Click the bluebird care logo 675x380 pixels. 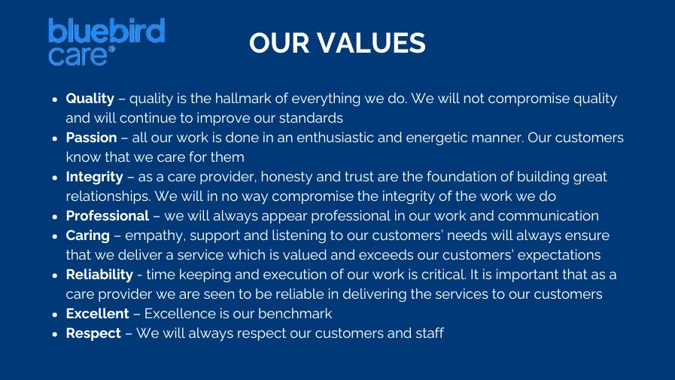[106, 41]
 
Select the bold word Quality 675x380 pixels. [90, 99]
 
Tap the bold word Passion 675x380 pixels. [91, 138]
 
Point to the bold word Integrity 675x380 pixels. [94, 178]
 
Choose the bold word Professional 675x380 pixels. [108, 216]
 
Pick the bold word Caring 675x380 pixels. [88, 236]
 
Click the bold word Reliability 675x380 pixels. [99, 275]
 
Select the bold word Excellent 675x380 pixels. [97, 314]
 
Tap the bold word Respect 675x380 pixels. [93, 334]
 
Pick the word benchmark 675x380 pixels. [295, 314]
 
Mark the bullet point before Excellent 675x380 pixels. [55, 315]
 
